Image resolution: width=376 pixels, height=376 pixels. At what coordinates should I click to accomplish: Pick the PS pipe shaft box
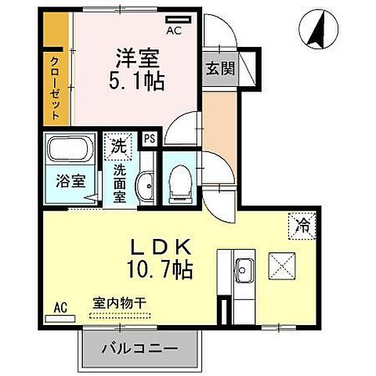150,140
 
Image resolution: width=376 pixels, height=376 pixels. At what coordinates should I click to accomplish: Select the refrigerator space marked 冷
300,224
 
